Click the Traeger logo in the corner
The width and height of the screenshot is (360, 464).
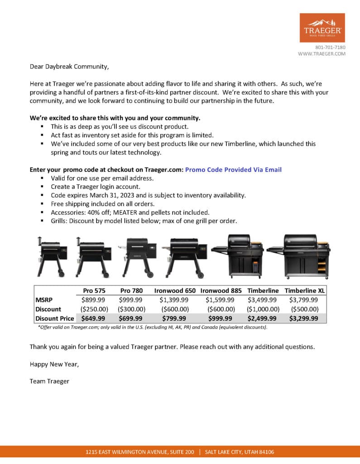(322, 28)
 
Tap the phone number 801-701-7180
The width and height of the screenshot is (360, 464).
(330, 47)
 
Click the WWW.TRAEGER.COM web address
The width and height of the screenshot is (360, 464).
(322, 53)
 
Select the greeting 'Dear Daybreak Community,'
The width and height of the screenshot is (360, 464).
(69, 67)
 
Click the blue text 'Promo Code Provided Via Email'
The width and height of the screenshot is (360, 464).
(233, 169)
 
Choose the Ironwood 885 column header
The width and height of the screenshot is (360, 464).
(220, 290)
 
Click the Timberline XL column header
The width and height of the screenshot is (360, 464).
(305, 290)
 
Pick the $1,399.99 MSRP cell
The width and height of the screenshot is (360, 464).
(175, 300)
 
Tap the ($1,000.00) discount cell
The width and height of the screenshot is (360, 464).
(263, 309)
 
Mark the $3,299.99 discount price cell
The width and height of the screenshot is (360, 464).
(303, 318)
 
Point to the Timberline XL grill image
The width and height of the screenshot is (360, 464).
(299, 256)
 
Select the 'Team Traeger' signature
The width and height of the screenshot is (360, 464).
(49, 381)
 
